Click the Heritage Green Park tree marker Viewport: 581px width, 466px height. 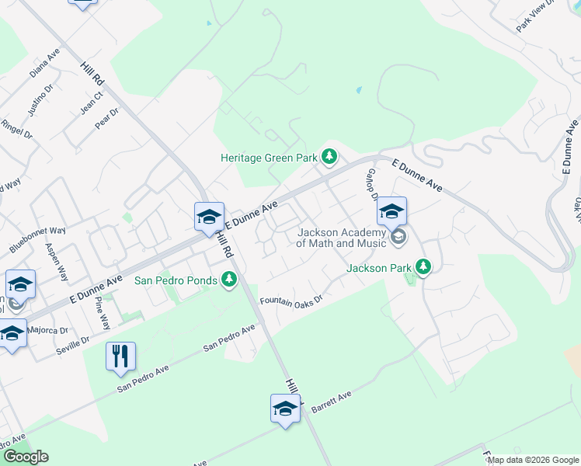[330, 158]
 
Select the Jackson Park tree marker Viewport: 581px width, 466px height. [423, 268]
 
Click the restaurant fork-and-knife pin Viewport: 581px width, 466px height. [120, 356]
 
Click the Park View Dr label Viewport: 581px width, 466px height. [537, 16]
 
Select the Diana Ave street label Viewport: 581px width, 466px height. [44, 64]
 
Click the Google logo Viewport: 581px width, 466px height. [26, 457]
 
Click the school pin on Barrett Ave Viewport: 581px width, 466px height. [285, 408]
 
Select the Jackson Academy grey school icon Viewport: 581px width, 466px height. [398, 237]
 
